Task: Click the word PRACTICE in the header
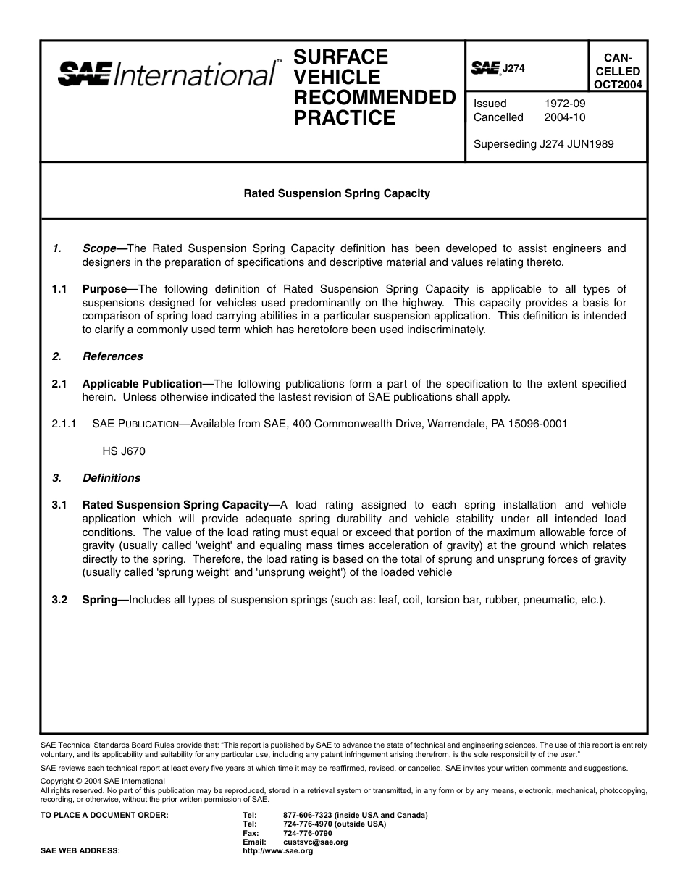pyautogui.click(x=345, y=118)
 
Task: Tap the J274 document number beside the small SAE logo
pyautogui.click(x=513, y=68)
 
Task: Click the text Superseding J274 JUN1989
pyautogui.click(x=543, y=144)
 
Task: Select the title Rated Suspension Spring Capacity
pyautogui.click(x=337, y=193)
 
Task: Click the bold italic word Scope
pyautogui.click(x=99, y=248)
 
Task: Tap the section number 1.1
pyautogui.click(x=59, y=289)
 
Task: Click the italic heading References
pyautogui.click(x=113, y=356)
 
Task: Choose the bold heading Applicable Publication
pyautogui.click(x=142, y=384)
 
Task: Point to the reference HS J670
pyautogui.click(x=124, y=451)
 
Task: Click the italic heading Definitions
pyautogui.click(x=112, y=478)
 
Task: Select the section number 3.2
pyautogui.click(x=59, y=600)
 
